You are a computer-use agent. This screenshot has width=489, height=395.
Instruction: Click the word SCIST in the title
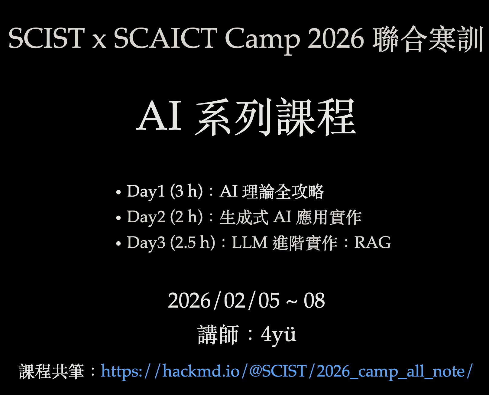click(46, 38)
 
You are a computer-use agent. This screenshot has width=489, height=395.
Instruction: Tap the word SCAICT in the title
click(165, 38)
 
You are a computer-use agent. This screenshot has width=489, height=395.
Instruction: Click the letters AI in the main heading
click(159, 117)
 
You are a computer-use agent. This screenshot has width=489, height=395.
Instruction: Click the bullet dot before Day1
click(118, 192)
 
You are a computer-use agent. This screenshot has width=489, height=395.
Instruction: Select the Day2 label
click(146, 217)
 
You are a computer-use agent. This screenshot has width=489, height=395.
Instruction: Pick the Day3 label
click(146, 243)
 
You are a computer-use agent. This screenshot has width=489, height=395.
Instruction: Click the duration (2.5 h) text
click(193, 243)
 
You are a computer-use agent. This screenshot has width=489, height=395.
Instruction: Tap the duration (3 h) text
click(186, 191)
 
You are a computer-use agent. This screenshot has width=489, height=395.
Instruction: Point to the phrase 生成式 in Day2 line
click(244, 217)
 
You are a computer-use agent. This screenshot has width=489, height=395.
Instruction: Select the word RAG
click(372, 243)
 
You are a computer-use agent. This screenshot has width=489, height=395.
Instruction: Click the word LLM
click(250, 243)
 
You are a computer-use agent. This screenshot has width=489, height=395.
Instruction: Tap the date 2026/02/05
click(224, 301)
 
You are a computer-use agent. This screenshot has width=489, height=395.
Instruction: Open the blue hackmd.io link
click(287, 371)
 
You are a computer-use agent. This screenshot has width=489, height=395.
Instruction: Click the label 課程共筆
click(51, 371)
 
